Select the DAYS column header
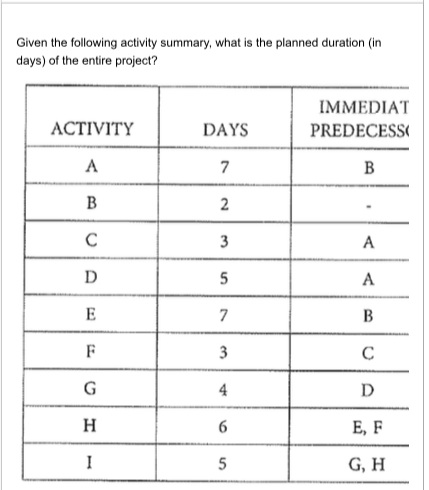[x=226, y=129]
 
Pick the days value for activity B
[x=227, y=206]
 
